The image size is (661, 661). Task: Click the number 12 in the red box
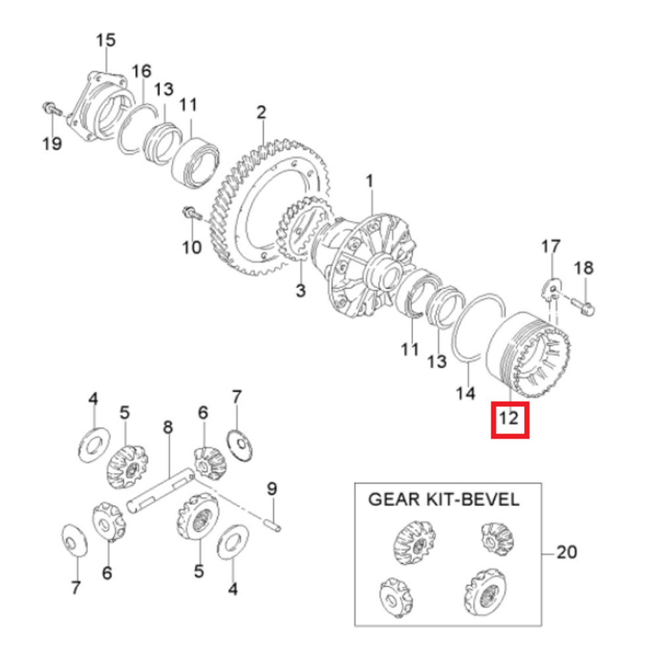(x=508, y=418)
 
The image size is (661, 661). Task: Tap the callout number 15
(x=105, y=40)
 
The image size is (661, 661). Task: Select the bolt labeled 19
(x=52, y=109)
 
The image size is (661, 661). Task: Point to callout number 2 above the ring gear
(x=261, y=112)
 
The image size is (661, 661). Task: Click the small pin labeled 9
(x=273, y=526)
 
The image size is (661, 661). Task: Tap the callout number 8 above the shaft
(x=168, y=427)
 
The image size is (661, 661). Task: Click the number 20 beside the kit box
(x=566, y=552)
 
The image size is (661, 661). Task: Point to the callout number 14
(x=465, y=393)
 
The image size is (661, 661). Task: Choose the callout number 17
(x=551, y=247)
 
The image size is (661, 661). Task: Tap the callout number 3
(x=300, y=290)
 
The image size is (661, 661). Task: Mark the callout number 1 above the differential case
(x=369, y=181)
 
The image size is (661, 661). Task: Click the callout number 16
(x=141, y=71)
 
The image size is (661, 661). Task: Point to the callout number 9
(x=272, y=489)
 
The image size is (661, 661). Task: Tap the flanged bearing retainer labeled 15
(x=100, y=108)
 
